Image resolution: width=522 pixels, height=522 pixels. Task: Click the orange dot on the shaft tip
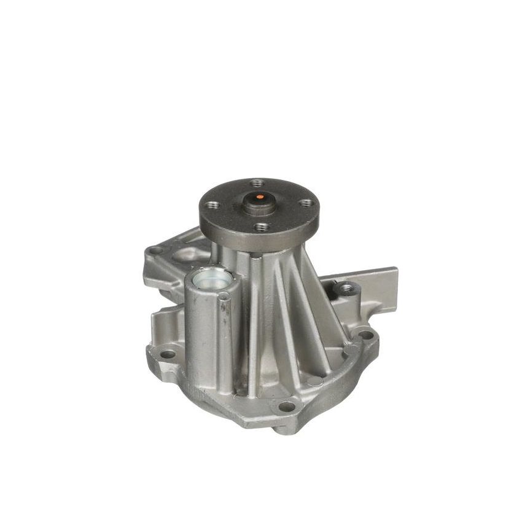[260, 198]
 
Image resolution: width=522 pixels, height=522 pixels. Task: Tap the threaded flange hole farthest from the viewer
[257, 182]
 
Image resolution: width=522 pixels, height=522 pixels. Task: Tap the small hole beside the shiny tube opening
[225, 296]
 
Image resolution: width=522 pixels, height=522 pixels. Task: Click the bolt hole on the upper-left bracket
[155, 251]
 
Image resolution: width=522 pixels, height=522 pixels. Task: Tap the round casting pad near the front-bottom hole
[314, 382]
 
